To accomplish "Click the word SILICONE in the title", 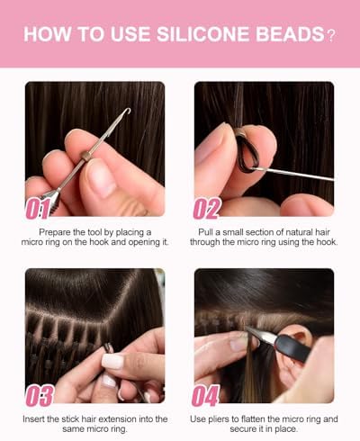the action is pos(202,34).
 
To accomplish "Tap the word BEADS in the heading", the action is pos(290,34).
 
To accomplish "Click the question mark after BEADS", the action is pos(330,36).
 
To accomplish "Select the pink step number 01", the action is pos(37,209).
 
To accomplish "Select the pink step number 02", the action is pos(207,208).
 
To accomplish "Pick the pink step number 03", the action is pos(40,395).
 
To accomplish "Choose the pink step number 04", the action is pos(206,395).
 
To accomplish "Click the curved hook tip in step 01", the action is pos(128,111).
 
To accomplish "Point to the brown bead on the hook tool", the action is pos(85,157).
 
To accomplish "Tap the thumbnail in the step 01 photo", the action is pos(101,180).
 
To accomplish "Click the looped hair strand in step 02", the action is pos(246,153).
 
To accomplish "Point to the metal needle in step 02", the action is pos(292,175).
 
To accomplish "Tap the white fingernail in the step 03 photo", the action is pos(112,361).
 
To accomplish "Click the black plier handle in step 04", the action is pos(292,347).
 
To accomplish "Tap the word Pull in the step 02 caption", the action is pos(205,232).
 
